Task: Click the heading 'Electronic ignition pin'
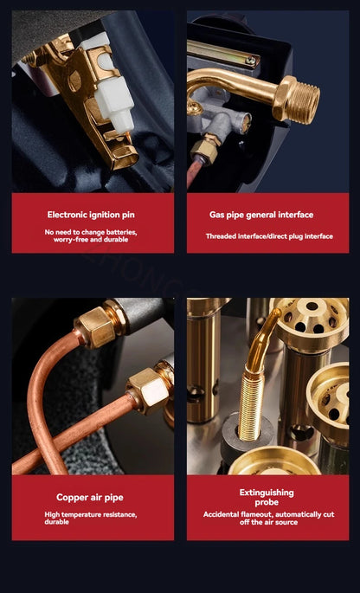click(x=91, y=215)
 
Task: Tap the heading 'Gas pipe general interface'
click(x=261, y=215)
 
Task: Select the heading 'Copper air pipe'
click(x=90, y=497)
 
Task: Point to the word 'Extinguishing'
click(x=267, y=493)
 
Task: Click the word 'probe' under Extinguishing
click(x=267, y=502)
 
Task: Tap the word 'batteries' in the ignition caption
click(x=121, y=232)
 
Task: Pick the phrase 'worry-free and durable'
click(x=91, y=240)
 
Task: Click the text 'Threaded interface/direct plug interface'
click(x=269, y=236)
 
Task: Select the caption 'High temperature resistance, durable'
click(x=91, y=519)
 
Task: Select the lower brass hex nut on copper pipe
click(x=147, y=391)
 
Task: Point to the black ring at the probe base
click(x=247, y=431)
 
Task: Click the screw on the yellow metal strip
click(x=249, y=60)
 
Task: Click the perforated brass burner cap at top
click(x=312, y=319)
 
